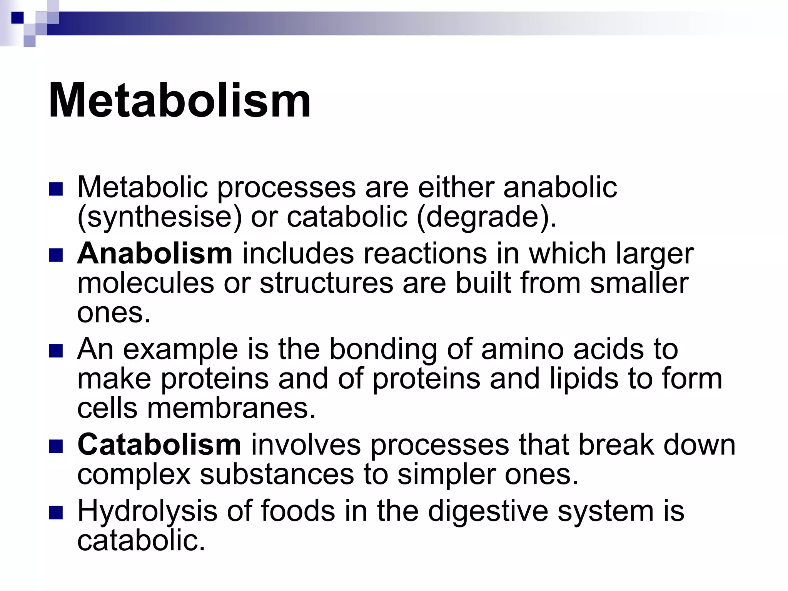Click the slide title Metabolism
(180, 101)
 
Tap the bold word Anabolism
(155, 254)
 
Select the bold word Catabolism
(159, 445)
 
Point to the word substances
(277, 474)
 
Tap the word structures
(326, 283)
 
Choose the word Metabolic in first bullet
(143, 187)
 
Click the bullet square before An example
(56, 351)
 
